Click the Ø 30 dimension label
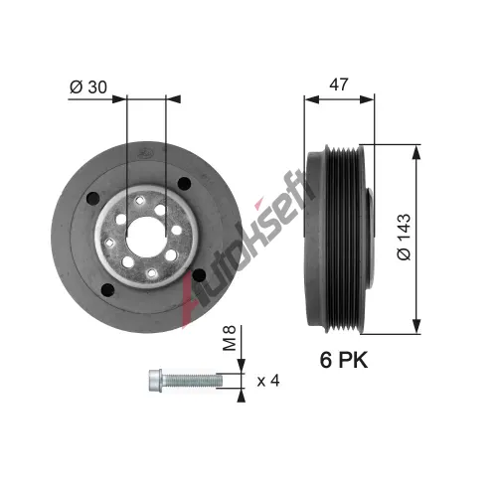[88, 87]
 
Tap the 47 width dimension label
[339, 84]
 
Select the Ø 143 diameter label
[404, 237]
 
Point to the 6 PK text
[344, 360]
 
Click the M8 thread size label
[229, 338]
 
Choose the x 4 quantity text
[268, 381]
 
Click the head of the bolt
[156, 381]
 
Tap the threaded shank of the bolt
[193, 380]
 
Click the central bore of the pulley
[146, 236]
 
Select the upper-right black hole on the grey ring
[184, 183]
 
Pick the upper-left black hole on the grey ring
[93, 198]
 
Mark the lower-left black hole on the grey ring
[107, 290]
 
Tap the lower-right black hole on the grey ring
[199, 275]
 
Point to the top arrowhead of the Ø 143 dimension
[416, 152]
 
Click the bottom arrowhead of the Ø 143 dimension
[416, 326]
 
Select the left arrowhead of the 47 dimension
[312, 99]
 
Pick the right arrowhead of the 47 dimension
[367, 99]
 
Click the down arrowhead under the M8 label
[242, 366]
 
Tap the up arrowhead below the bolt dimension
[242, 396]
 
